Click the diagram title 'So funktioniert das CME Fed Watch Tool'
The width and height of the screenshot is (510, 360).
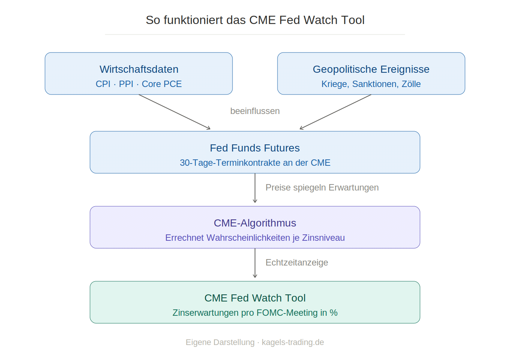click(255, 20)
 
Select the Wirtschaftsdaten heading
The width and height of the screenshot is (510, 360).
click(139, 69)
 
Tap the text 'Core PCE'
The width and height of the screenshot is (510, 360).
click(162, 84)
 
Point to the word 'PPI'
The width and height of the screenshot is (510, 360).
click(126, 84)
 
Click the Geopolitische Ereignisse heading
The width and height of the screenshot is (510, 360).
click(371, 69)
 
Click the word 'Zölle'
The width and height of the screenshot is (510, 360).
click(411, 84)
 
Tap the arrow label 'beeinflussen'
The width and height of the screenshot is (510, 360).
click(255, 111)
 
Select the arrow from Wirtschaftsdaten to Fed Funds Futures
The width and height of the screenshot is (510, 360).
click(175, 112)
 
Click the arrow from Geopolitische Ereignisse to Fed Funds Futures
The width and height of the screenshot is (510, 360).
click(335, 112)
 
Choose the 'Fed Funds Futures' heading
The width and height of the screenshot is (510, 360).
click(255, 148)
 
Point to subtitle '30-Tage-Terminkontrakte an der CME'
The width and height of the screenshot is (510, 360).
click(255, 163)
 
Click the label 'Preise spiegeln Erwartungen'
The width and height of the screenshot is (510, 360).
click(322, 187)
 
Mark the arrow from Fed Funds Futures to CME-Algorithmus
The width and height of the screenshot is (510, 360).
click(255, 188)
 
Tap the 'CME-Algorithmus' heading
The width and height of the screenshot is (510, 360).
click(255, 223)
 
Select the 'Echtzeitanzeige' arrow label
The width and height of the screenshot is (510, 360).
click(297, 262)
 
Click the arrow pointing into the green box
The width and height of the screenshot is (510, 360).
click(255, 263)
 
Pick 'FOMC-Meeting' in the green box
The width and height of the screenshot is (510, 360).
click(287, 313)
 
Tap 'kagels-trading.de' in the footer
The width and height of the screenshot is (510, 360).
click(293, 342)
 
